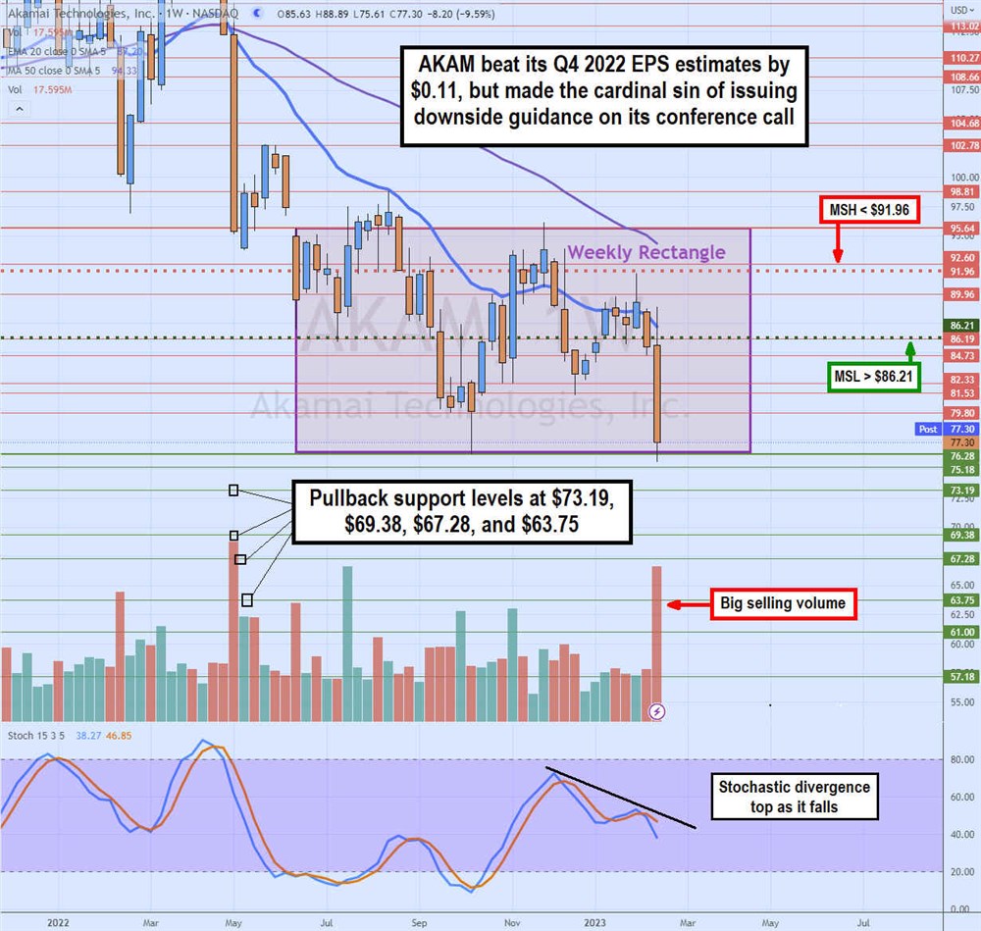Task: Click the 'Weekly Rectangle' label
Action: point(647,252)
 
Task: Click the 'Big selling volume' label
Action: point(783,603)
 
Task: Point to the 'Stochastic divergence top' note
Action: point(795,796)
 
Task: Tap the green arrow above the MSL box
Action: point(910,349)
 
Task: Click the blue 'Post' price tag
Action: point(928,429)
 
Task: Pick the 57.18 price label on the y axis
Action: point(962,677)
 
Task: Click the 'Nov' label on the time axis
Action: point(511,922)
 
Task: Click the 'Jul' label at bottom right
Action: point(864,922)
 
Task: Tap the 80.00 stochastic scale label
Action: point(961,760)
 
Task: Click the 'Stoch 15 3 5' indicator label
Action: point(37,735)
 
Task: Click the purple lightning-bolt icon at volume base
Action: point(658,710)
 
